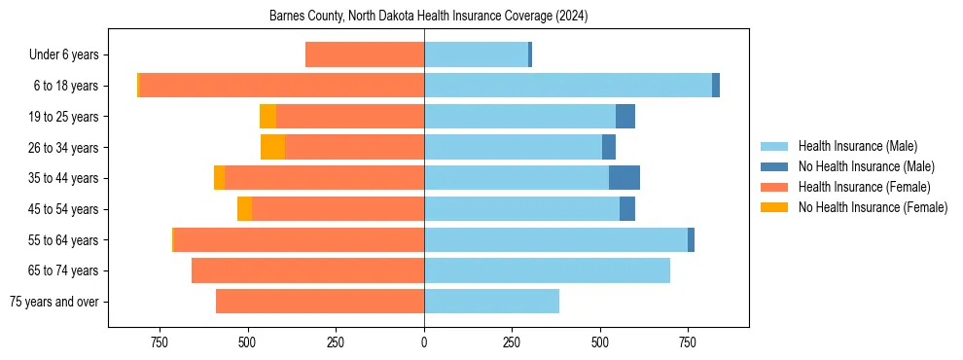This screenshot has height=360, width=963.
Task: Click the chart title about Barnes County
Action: point(428,17)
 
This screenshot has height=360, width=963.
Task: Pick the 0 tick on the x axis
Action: point(424,342)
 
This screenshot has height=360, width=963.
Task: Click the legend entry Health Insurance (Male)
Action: point(857,146)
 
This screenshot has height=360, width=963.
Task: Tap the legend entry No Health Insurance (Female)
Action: point(873,207)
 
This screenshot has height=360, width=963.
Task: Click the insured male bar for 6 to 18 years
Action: point(568,86)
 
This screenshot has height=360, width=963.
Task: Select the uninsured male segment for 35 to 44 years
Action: point(624,178)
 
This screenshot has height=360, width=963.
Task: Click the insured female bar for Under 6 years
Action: point(365,55)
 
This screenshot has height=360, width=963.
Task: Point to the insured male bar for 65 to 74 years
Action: point(547,270)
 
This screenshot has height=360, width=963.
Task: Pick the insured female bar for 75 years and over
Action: point(320,302)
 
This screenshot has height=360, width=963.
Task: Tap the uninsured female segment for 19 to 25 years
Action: point(267,117)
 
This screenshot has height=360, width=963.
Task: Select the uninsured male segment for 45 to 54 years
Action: point(627,209)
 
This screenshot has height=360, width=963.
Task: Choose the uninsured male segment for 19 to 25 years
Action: point(625,117)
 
